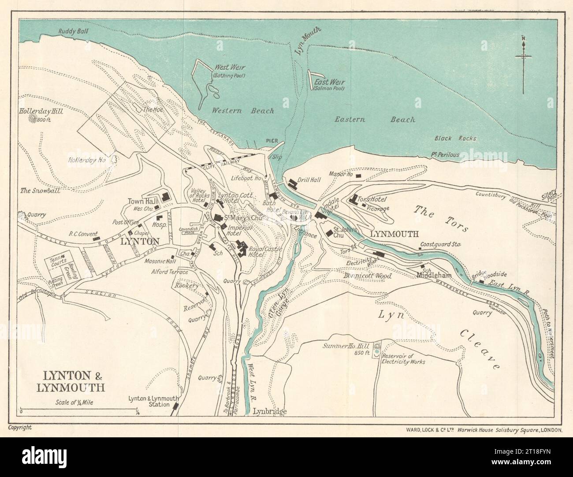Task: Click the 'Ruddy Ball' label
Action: pyautogui.click(x=74, y=31)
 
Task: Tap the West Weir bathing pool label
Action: pyautogui.click(x=229, y=71)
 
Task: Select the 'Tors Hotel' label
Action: pyautogui.click(x=373, y=199)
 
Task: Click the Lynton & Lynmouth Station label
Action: pyautogui.click(x=149, y=402)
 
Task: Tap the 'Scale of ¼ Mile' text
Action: pyautogui.click(x=74, y=401)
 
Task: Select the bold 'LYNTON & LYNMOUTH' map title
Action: pyautogui.click(x=73, y=382)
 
